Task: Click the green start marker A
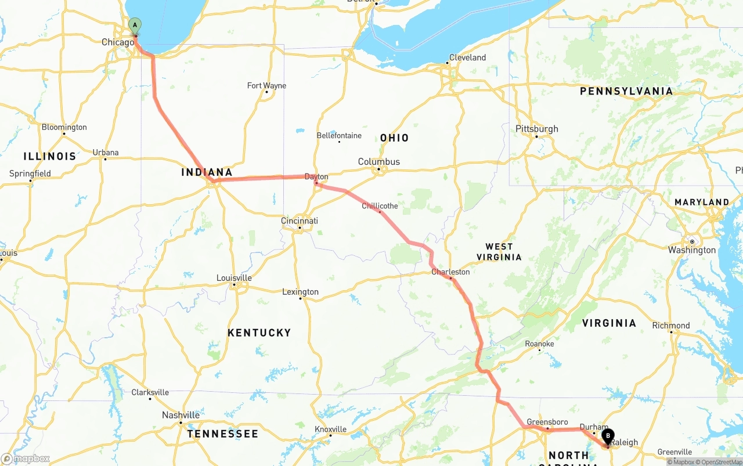tap(135, 26)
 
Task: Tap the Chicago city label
tap(118, 42)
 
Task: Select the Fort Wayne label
tap(266, 85)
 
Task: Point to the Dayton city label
tap(316, 177)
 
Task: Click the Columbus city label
tap(378, 161)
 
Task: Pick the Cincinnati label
tap(300, 221)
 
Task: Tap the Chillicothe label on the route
tap(380, 206)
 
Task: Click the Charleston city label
tap(450, 272)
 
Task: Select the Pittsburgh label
tap(537, 129)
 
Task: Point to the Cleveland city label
tap(467, 57)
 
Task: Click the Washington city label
tap(692, 250)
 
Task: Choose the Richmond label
tap(671, 326)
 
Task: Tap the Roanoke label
tap(539, 344)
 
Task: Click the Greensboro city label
tap(547, 422)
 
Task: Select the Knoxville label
tap(330, 429)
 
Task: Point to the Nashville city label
tap(181, 415)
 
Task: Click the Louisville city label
tap(234, 277)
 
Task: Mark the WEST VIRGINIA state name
tap(499, 252)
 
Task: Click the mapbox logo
tap(26, 458)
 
